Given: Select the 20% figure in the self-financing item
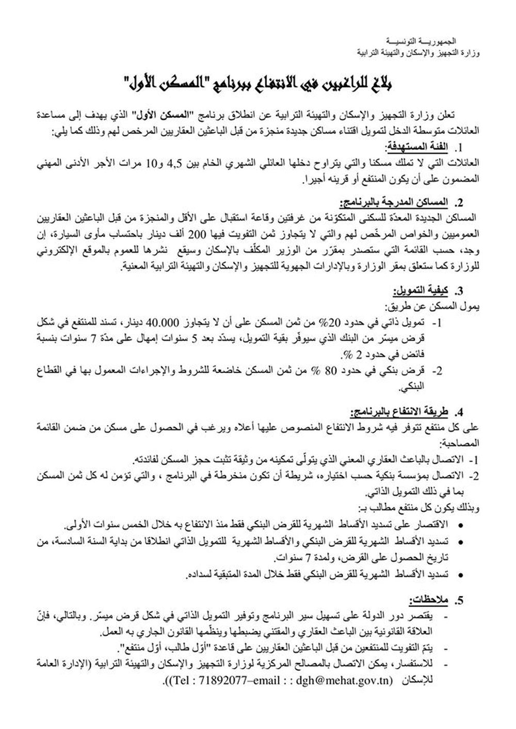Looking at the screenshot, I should pos(335,322).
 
